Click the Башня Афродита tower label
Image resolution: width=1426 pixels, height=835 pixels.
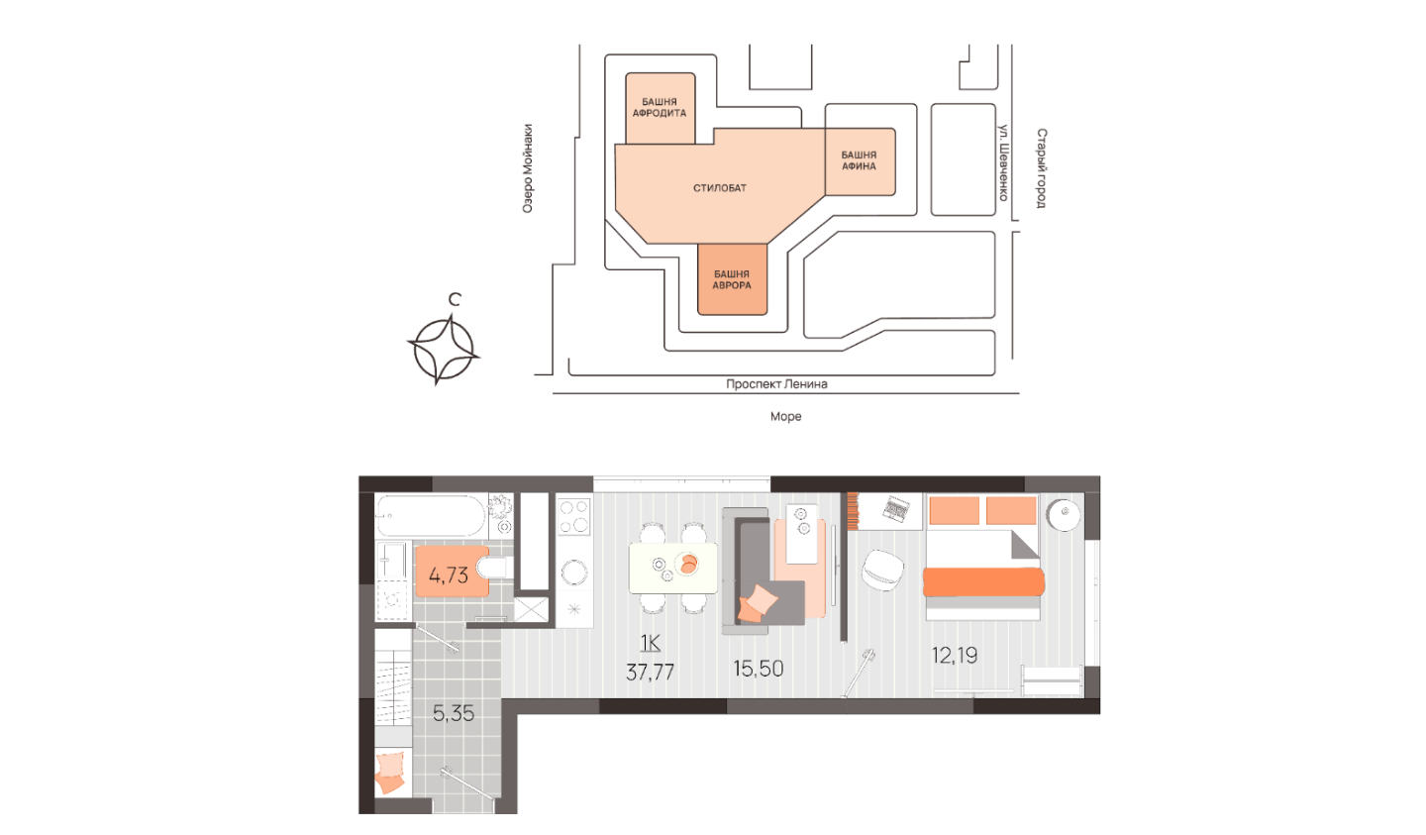coord(660,108)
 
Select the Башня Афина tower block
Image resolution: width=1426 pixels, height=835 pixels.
coord(861,161)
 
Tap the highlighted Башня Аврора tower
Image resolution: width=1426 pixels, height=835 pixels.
coord(732,279)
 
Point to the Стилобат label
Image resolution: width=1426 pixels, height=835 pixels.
coord(719,188)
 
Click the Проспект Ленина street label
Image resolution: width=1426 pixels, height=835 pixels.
coord(776,384)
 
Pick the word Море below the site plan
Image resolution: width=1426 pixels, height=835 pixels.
coord(785,417)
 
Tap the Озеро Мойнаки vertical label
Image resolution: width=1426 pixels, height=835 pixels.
coord(527,168)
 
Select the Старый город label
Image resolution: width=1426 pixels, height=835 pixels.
coord(1041,168)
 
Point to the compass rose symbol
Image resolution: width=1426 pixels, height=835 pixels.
coord(444,351)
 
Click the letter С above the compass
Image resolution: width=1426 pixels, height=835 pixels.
coord(454,299)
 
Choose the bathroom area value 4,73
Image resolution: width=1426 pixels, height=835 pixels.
coord(449,575)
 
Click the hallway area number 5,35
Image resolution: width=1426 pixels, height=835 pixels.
coord(454,713)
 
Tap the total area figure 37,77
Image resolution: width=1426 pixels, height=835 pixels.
coord(650,672)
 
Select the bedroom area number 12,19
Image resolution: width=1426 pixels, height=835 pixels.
coord(955,655)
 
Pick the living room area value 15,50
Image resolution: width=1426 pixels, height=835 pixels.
coord(759,669)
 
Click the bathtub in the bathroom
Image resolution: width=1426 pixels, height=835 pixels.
coord(431,516)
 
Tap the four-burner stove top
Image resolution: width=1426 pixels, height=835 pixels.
coord(573,515)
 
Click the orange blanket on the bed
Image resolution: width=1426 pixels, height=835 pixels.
coord(983,582)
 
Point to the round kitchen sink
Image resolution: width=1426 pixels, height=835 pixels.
coord(574,572)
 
